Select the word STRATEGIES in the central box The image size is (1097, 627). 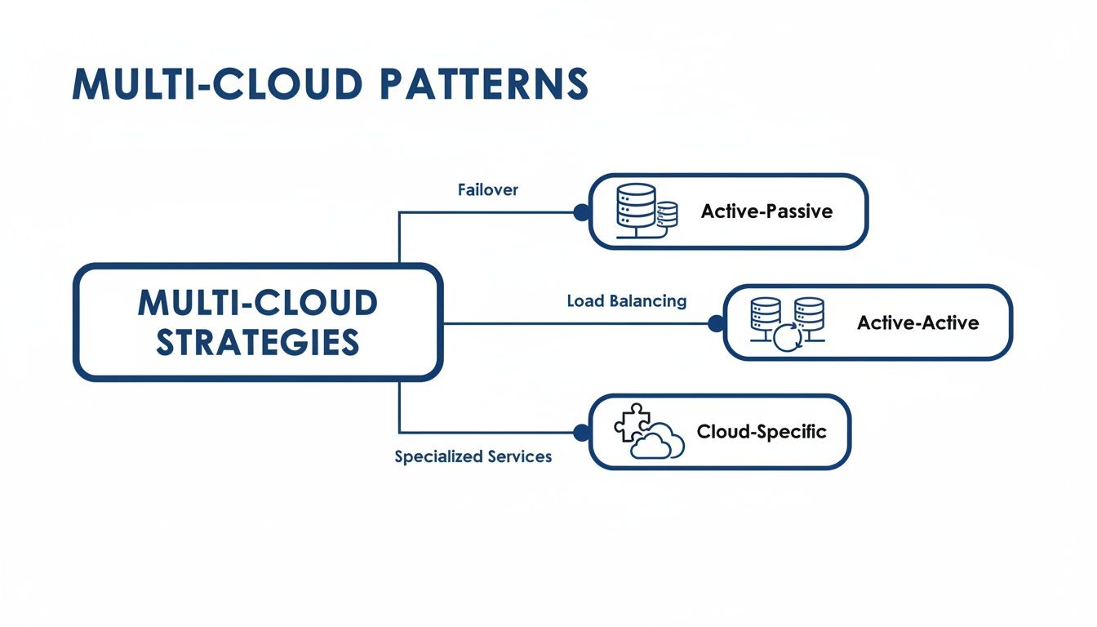point(258,342)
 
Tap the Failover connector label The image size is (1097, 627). point(487,189)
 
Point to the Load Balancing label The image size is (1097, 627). point(626,300)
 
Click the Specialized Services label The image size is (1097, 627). point(473,456)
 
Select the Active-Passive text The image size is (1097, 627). point(766,211)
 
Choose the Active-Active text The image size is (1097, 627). point(917,322)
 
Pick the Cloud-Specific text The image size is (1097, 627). point(761,431)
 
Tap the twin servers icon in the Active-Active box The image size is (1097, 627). point(787,318)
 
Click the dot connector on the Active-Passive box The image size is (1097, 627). point(581,212)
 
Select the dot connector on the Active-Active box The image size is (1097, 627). point(716,324)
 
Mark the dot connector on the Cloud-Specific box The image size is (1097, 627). point(581,433)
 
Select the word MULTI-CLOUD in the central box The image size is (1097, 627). point(258,303)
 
